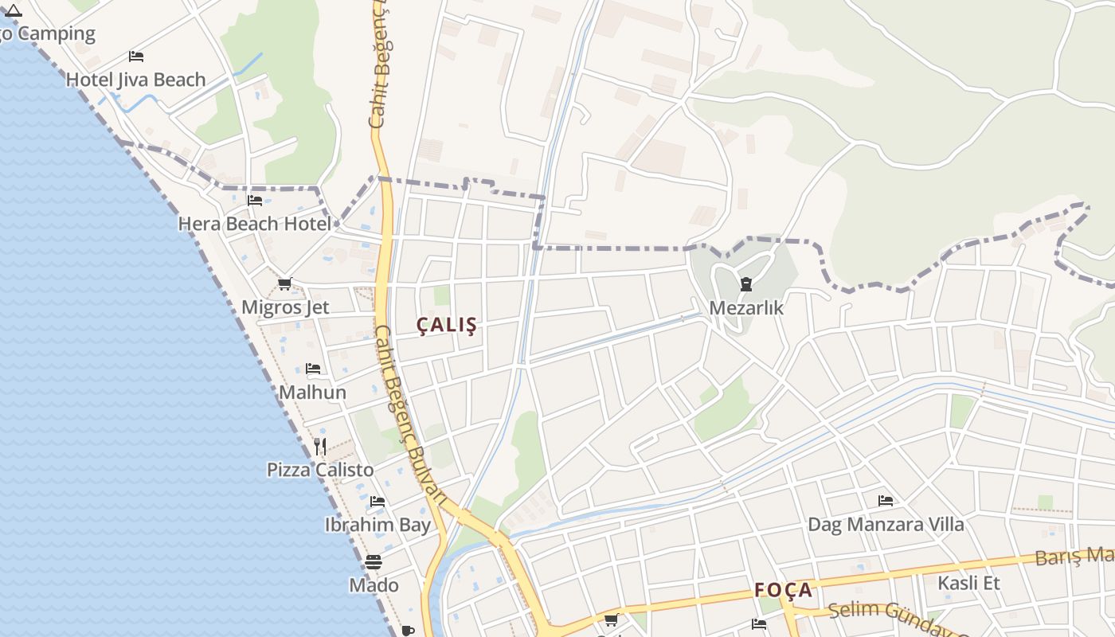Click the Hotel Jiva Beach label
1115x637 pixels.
tap(135, 80)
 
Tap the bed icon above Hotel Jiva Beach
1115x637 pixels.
tap(136, 57)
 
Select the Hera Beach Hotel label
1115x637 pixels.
tap(254, 224)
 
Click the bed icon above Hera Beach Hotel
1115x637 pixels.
tap(255, 201)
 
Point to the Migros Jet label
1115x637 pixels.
tap(285, 307)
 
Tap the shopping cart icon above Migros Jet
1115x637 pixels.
tap(285, 284)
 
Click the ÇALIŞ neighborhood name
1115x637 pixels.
tap(447, 325)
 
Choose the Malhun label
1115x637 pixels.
tap(313, 393)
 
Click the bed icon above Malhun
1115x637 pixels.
tap(313, 369)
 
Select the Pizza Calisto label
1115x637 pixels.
tap(320, 470)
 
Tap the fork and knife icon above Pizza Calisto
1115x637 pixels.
tap(320, 446)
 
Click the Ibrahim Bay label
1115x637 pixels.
tap(378, 525)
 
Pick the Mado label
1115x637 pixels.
tap(374, 585)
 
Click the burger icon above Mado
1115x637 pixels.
tap(374, 562)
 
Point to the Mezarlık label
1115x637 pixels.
tap(746, 308)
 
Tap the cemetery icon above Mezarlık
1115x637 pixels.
tap(746, 284)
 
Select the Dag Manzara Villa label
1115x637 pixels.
tap(886, 525)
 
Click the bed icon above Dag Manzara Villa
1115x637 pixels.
tap(885, 501)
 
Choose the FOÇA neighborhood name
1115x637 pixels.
tap(784, 590)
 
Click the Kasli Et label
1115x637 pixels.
tap(968, 583)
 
